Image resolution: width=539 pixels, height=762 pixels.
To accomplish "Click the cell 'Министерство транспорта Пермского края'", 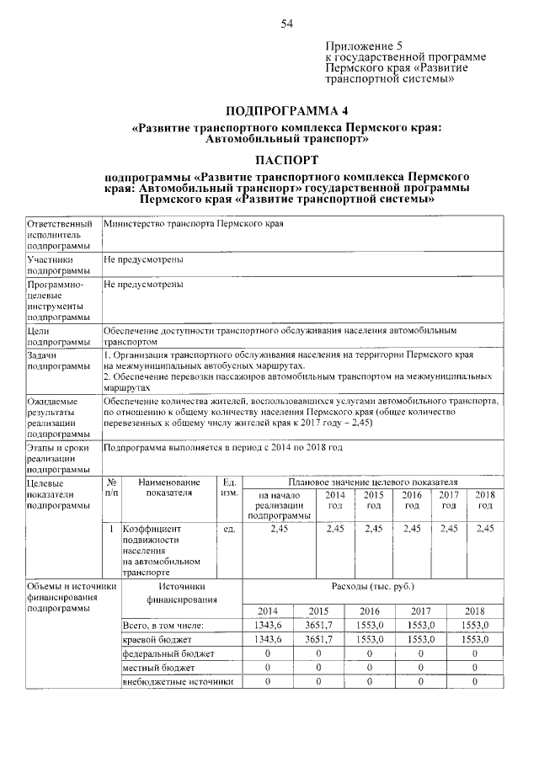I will tap(193, 225).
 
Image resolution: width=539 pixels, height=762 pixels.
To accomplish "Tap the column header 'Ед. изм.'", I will tap(227, 487).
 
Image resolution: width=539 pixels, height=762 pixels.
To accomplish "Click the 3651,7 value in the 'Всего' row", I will tap(318, 625).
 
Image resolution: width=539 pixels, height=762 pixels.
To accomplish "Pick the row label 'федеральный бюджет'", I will tap(168, 653).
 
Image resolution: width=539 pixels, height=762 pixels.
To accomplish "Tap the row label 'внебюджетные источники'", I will tap(177, 681).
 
